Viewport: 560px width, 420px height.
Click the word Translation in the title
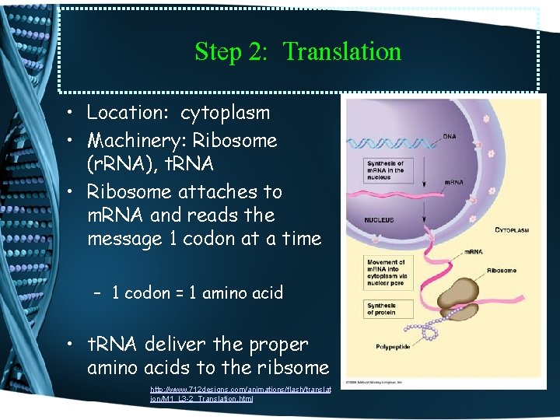(x=342, y=51)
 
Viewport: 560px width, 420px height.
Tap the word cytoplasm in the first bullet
(x=225, y=113)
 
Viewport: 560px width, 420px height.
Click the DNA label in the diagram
(x=450, y=137)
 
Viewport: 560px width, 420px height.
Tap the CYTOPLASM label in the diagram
(x=518, y=230)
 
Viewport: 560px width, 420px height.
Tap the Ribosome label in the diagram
(x=502, y=271)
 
